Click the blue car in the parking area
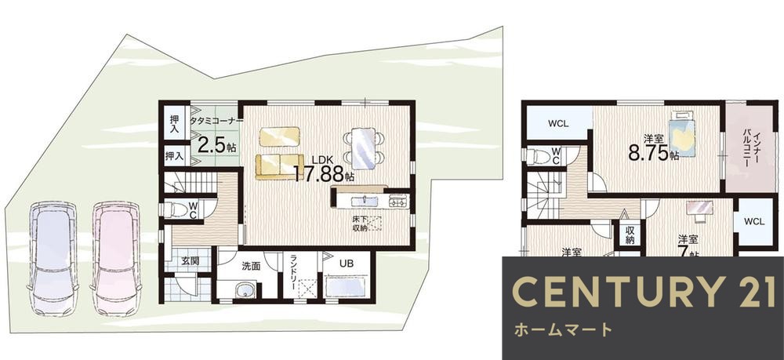(x=53, y=257)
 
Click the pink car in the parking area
(x=115, y=257)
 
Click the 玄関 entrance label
(x=191, y=260)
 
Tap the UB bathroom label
(x=346, y=264)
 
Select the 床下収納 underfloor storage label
(x=360, y=224)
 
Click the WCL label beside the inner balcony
(x=754, y=222)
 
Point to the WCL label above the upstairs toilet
(x=558, y=124)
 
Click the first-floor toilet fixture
(x=178, y=210)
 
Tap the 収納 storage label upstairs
(x=629, y=235)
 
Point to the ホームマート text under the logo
(x=562, y=329)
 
